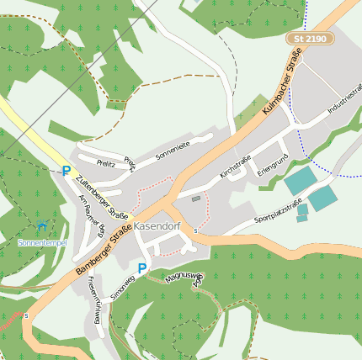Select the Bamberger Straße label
pyautogui.click(x=104, y=250)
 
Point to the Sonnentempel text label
pyautogui.click(x=41, y=242)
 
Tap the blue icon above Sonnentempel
pyautogui.click(x=42, y=226)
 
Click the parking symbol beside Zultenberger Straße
pyautogui.click(x=66, y=171)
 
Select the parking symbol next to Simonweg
pyautogui.click(x=142, y=268)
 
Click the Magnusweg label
pyautogui.click(x=183, y=276)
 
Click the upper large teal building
pyautogui.click(x=300, y=181)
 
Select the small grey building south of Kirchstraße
pyautogui.click(x=196, y=199)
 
